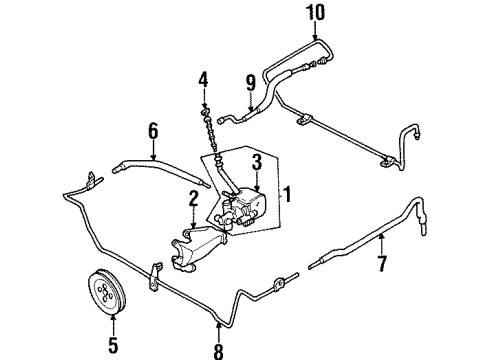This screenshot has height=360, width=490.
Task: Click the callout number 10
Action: coord(315,12)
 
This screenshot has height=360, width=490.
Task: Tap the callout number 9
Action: coord(251,83)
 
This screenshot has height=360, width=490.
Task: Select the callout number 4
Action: coord(203,80)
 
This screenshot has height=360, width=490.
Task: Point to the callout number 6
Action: coord(153,131)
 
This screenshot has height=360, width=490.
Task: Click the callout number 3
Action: coord(257,162)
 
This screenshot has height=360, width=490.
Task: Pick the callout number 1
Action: coord(287,194)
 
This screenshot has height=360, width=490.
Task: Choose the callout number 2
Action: coord(193,199)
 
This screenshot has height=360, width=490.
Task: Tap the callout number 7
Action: coord(382,263)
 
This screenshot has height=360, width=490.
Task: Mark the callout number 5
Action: coord(113,345)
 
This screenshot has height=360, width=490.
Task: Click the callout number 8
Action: coord(218,350)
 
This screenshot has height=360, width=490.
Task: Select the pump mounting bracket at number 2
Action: coord(197,248)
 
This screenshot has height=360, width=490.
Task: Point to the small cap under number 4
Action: coord(205,110)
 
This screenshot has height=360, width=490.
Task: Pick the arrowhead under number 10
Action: coord(315,37)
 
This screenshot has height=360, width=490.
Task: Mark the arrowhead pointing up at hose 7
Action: coord(382,237)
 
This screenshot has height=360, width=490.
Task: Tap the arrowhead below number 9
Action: coord(251,108)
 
